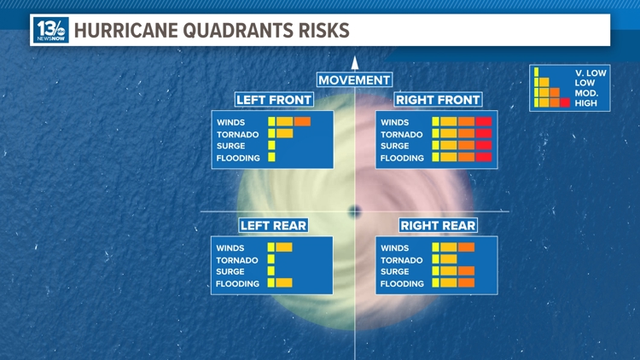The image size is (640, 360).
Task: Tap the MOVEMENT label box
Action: tap(354, 80)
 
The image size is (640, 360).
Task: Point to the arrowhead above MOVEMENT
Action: tap(355, 62)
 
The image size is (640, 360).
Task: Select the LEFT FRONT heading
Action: tap(273, 100)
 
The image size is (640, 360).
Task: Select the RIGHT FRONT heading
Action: tap(438, 100)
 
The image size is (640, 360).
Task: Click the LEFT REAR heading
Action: tap(273, 225)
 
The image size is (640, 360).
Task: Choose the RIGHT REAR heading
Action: tap(438, 225)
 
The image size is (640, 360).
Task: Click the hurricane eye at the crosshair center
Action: tap(355, 211)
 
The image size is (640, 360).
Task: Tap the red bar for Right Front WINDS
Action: tap(484, 122)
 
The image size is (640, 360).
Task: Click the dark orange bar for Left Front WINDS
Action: tap(302, 122)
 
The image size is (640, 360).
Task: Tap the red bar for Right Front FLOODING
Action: tap(484, 157)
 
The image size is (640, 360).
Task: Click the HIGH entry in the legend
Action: tap(586, 103)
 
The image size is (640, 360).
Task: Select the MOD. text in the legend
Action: tap(587, 93)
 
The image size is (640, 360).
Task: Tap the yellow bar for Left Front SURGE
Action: tap(271, 146)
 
